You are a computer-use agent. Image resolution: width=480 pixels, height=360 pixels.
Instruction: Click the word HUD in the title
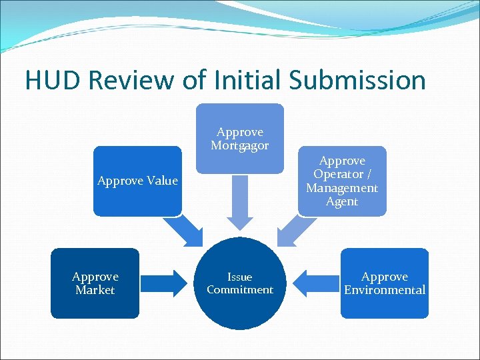click(53, 80)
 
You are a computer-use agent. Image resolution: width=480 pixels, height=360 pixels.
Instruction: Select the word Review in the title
click(141, 80)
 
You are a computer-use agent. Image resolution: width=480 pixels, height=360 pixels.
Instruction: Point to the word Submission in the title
click(357, 80)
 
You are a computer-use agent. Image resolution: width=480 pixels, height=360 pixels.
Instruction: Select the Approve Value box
click(137, 181)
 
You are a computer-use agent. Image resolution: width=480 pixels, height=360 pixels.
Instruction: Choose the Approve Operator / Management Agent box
click(341, 181)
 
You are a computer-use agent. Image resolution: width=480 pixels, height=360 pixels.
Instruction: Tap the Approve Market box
click(95, 283)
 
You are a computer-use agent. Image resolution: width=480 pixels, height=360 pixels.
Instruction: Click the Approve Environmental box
click(384, 283)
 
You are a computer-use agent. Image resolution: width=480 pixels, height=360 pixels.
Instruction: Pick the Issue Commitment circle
click(239, 283)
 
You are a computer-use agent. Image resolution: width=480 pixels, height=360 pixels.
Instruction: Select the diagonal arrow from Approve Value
click(185, 230)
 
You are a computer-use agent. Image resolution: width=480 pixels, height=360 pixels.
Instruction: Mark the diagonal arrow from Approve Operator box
click(294, 230)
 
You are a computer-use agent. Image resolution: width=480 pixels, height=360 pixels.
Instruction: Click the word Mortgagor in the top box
click(240, 145)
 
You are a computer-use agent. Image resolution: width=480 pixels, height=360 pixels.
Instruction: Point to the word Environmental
click(384, 290)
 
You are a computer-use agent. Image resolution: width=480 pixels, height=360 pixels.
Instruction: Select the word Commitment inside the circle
click(239, 289)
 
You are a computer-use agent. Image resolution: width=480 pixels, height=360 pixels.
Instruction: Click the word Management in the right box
click(341, 188)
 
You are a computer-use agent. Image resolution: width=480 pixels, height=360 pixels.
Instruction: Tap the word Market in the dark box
click(95, 290)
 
